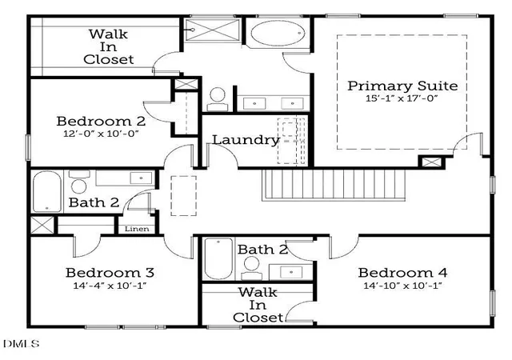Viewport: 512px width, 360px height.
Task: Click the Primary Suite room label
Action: tap(402, 86)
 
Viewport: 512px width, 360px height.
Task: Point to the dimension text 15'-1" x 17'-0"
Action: tap(402, 98)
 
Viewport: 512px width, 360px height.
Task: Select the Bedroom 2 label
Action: tap(101, 121)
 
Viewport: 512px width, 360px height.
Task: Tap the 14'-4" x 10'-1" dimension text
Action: tap(110, 286)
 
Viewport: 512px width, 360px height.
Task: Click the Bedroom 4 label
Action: tap(402, 273)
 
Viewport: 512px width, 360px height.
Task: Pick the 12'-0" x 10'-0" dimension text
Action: tap(101, 134)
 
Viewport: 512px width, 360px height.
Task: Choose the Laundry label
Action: tap(246, 140)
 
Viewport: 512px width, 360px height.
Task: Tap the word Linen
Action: tap(137, 229)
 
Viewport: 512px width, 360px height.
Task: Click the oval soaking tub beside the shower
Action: tap(278, 33)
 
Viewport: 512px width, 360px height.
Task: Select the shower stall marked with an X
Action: tap(213, 30)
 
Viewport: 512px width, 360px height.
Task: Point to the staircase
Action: tap(334, 185)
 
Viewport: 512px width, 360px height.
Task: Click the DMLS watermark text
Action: tap(22, 343)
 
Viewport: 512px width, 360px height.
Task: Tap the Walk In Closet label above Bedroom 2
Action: tap(109, 46)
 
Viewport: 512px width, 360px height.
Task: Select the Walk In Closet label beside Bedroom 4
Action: tap(258, 305)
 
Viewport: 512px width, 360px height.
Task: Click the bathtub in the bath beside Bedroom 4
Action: tap(218, 258)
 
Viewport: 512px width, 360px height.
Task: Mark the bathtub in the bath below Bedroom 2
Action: tap(47, 192)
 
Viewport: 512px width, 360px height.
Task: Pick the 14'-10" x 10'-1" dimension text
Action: tap(402, 286)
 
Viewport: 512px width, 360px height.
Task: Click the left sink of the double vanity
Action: tap(254, 103)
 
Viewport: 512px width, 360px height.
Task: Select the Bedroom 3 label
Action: tap(110, 273)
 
